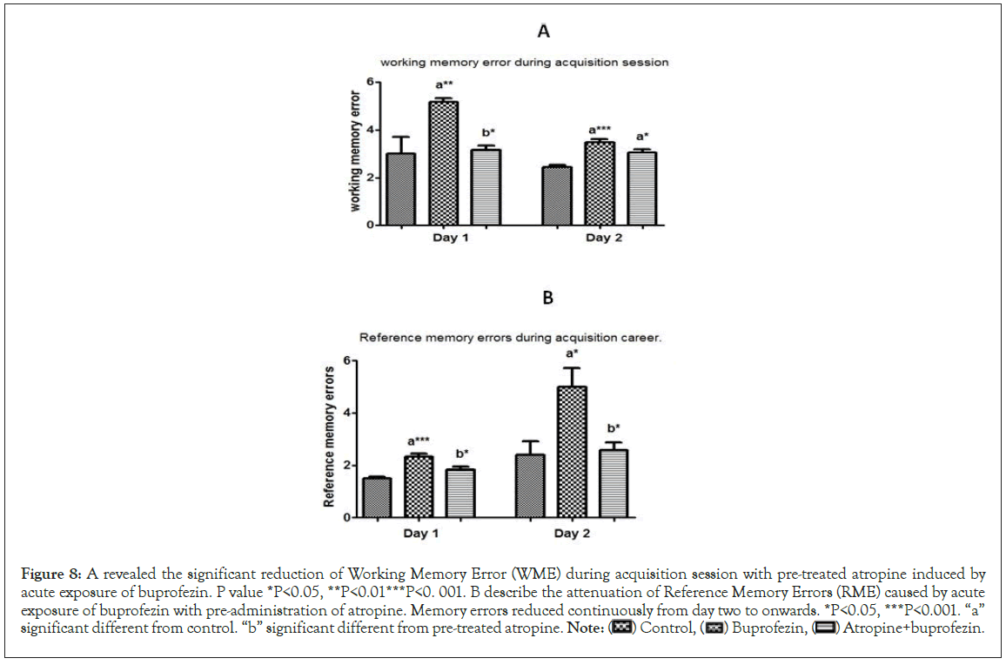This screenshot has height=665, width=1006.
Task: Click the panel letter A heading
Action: [x=544, y=32]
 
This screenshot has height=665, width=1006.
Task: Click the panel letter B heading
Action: [x=548, y=298]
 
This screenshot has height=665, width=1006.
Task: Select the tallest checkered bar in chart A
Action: [x=444, y=163]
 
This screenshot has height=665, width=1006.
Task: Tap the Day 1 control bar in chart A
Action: [x=400, y=189]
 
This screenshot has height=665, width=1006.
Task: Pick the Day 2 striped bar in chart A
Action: [x=642, y=188]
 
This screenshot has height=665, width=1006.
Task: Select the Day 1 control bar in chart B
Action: [x=376, y=497]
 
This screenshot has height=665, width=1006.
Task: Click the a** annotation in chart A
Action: [x=444, y=85]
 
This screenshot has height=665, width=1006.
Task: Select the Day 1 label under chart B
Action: [x=419, y=533]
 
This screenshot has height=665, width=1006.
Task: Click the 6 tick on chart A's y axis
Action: [x=370, y=82]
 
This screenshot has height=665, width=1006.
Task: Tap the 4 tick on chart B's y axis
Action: [x=346, y=413]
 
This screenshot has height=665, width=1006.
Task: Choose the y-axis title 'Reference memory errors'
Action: [x=329, y=437]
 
